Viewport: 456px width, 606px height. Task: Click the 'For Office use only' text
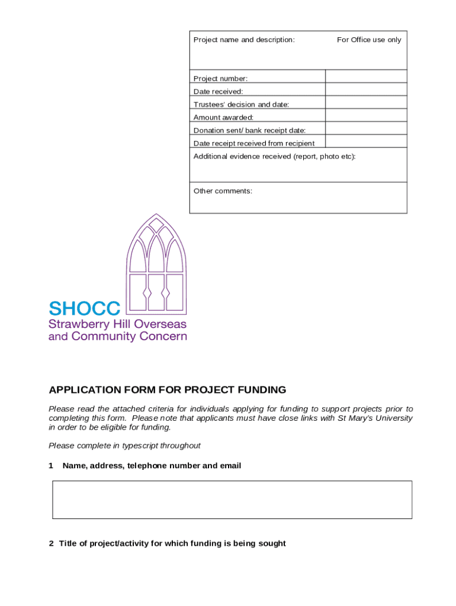click(x=369, y=40)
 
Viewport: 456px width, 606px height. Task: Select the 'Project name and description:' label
click(x=244, y=40)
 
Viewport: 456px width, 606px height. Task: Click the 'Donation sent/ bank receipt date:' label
click(x=249, y=130)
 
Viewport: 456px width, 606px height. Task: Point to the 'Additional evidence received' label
click(x=274, y=156)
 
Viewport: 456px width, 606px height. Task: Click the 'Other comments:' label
click(x=223, y=191)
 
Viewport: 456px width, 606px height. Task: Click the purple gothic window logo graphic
click(x=156, y=263)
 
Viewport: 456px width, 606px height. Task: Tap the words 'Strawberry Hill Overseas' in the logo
click(x=117, y=324)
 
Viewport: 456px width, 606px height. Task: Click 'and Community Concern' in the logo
click(x=117, y=337)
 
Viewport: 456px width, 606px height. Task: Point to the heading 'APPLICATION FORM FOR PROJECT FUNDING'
click(x=167, y=390)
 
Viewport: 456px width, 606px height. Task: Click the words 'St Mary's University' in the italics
click(x=375, y=418)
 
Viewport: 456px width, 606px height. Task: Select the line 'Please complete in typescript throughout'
click(x=124, y=446)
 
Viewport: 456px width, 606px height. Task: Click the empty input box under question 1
click(x=232, y=500)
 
